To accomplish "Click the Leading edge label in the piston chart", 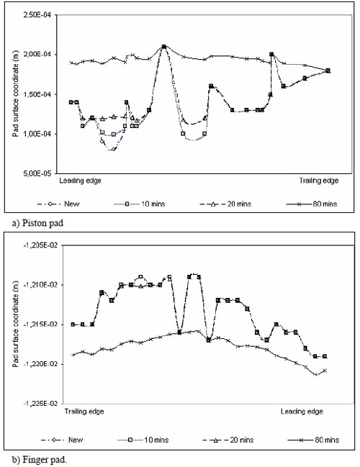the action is (80, 181).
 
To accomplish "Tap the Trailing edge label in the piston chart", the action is (319, 181).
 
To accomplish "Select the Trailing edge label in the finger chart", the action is (84, 412).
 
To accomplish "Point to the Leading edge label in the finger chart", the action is (302, 412).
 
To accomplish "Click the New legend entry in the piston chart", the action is (58, 204).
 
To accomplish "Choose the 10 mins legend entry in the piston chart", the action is (140, 204).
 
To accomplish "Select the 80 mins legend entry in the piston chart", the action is (312, 204).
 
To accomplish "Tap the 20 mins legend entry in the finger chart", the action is (228, 440).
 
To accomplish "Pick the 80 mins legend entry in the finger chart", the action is (313, 440).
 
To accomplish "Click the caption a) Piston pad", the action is (37, 223).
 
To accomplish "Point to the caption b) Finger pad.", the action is (40, 460).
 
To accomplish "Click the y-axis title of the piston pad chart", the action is (15, 94).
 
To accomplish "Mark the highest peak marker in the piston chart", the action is (164, 47).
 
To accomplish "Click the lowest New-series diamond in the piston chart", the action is (113, 149).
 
